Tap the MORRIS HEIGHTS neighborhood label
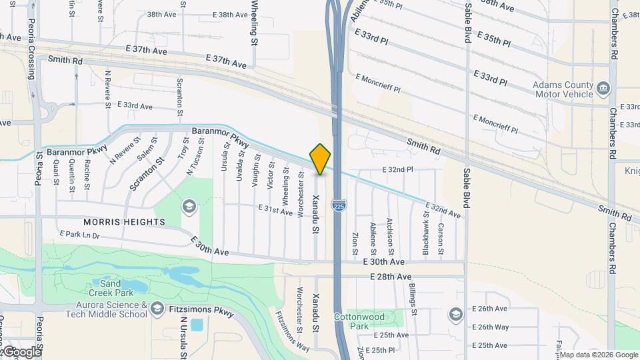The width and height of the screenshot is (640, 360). click(125, 221)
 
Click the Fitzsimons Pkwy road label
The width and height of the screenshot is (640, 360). click(199, 309)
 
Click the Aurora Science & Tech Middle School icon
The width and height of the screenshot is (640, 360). click(157, 308)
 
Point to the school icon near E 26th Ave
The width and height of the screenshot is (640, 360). click(455, 314)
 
